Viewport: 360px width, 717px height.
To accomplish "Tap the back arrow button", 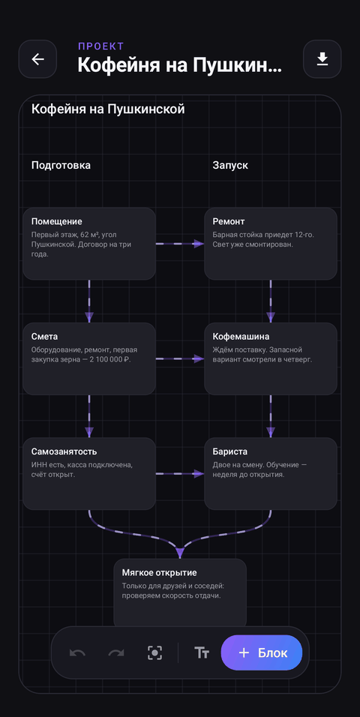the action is [37, 59].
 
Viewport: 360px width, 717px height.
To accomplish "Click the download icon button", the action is [322, 59].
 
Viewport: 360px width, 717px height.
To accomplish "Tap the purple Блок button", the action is [262, 652].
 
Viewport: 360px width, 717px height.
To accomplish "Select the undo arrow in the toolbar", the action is [77, 653].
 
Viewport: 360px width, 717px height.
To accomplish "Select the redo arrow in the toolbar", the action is [116, 653].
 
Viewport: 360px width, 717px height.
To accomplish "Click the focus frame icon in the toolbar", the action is [155, 653].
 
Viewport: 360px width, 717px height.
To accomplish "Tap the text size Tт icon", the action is [201, 653].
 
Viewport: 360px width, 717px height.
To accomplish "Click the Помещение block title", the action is [57, 222].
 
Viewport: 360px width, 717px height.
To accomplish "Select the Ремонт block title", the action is [229, 221].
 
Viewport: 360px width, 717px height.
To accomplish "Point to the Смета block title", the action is [44, 337].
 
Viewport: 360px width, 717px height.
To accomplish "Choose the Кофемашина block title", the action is [241, 337].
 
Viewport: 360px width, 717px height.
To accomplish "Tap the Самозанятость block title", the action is [64, 451].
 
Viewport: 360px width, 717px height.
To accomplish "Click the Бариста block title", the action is [230, 451].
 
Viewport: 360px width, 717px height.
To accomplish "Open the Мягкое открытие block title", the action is [159, 572].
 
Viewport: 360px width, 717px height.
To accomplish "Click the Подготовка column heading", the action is [61, 166].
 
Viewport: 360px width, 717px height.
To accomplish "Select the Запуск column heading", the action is [230, 165].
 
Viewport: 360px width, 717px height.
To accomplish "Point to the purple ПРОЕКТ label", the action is [101, 46].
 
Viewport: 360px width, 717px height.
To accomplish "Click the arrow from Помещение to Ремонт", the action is [180, 244].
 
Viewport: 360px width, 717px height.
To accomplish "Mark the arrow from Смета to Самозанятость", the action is [89, 416].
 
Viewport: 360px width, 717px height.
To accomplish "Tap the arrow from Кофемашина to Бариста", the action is [271, 416].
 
